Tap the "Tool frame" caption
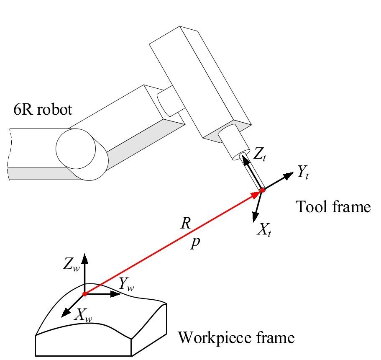(x=333, y=207)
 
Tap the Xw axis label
(x=83, y=315)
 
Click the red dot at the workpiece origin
(x=85, y=294)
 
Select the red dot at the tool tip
(x=263, y=191)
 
